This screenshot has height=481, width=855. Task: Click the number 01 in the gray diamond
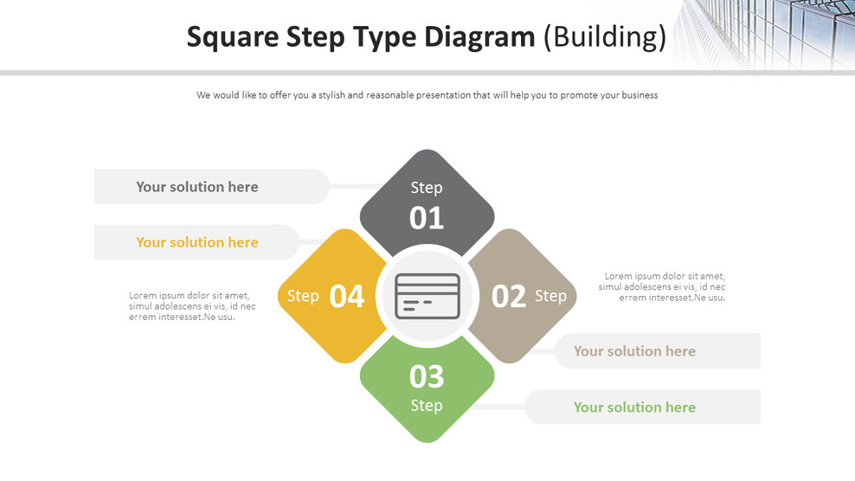(427, 218)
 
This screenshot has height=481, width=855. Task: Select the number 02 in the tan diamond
(509, 297)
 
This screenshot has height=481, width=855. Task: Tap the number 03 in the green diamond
(427, 376)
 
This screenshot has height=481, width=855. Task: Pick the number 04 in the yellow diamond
(347, 297)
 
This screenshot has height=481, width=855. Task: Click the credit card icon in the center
(427, 296)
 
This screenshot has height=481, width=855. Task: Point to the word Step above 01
(427, 188)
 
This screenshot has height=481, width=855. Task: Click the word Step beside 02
(550, 296)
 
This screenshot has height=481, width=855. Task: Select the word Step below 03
(427, 405)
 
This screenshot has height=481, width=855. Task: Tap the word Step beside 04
(303, 296)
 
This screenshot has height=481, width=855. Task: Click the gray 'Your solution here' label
(197, 187)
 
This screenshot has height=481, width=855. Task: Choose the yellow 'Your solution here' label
(197, 242)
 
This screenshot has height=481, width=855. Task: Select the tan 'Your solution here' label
(634, 351)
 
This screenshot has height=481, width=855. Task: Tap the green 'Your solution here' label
(634, 407)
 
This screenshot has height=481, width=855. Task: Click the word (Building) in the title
(605, 37)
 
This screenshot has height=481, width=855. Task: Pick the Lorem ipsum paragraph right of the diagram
(662, 287)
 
